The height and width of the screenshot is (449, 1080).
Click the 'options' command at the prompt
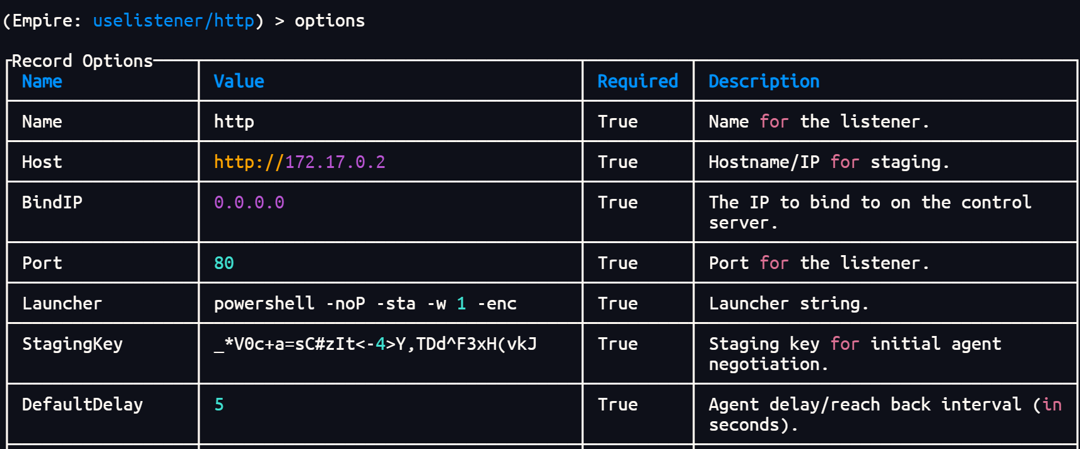[x=329, y=21]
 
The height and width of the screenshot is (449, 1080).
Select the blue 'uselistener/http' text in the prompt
[x=174, y=21]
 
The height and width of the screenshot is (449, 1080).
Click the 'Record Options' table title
[x=82, y=61]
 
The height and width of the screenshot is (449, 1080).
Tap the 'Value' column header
[x=239, y=81]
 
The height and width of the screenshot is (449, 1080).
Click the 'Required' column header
[x=638, y=81]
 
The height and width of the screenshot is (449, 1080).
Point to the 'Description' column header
[x=764, y=81]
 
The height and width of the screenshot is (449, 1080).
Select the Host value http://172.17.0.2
[x=299, y=162]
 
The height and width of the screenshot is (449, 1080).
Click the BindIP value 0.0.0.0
[x=249, y=203]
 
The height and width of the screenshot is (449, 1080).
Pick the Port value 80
[x=223, y=263]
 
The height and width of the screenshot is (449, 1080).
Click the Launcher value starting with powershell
[x=365, y=304]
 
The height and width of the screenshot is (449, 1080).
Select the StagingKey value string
[x=375, y=344]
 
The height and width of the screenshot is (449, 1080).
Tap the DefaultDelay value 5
[x=219, y=405]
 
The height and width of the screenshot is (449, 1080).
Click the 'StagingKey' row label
[x=73, y=345]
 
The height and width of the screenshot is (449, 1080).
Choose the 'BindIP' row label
[x=52, y=203]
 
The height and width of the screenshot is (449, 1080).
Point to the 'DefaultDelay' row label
[x=83, y=405]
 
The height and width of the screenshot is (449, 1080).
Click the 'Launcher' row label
[x=62, y=304]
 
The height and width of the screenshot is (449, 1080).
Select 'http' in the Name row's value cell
[x=234, y=122]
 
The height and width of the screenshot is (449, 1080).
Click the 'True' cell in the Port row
[x=617, y=263]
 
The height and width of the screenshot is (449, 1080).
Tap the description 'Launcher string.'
[x=788, y=304]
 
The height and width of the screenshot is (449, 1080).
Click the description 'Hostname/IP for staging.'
[x=829, y=162]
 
